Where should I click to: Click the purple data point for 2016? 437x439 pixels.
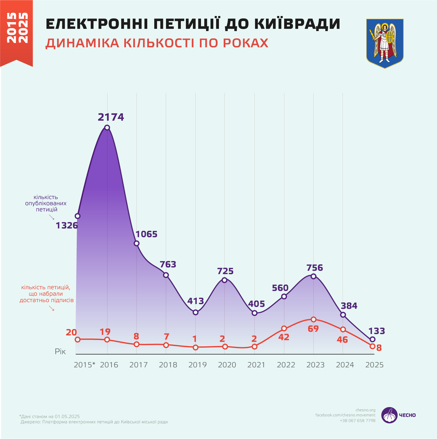(107, 128)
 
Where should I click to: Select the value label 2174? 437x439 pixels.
(111, 117)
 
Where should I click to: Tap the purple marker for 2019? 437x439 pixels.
(196, 312)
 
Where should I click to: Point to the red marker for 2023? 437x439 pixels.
(314, 319)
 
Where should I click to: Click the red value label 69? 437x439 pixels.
(313, 329)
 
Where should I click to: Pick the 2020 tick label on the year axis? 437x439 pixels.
(227, 365)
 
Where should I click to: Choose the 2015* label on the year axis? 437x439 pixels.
(84, 365)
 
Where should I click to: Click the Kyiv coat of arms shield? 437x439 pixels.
(385, 43)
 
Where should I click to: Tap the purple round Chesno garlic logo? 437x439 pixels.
(389, 415)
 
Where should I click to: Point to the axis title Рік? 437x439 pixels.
(60, 352)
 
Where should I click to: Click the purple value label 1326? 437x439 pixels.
(67, 225)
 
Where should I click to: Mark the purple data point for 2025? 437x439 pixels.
(372, 339)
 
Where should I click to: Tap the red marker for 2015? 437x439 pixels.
(78, 339)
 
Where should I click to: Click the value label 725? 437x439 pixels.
(225, 271)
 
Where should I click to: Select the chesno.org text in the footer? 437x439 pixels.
(365, 410)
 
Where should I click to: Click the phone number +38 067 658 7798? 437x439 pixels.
(357, 421)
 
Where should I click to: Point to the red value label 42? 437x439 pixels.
(284, 337)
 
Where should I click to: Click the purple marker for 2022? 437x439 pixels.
(284, 296)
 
